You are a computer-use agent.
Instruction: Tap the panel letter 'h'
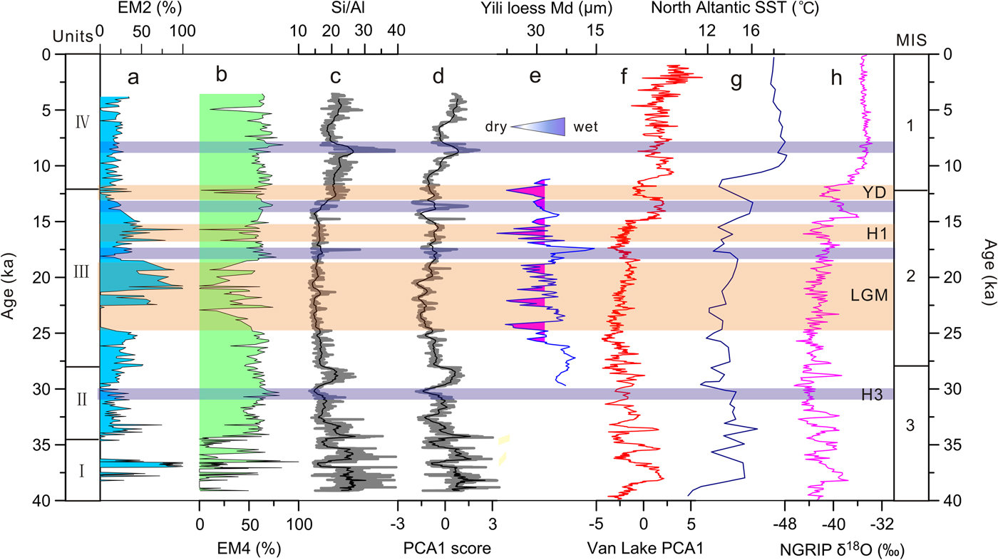[x=837, y=78]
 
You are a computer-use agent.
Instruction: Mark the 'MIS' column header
[x=910, y=40]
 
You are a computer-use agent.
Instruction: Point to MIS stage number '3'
[x=910, y=426]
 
